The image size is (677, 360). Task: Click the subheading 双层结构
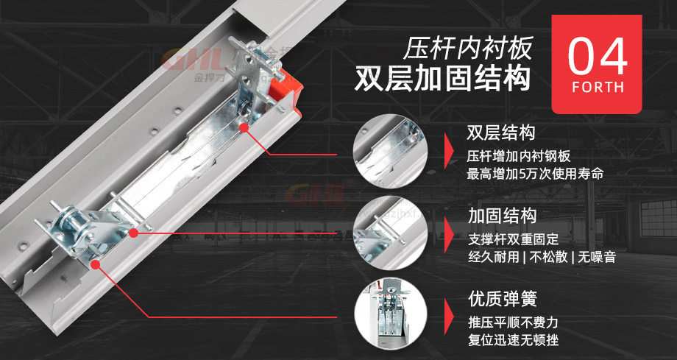(501, 133)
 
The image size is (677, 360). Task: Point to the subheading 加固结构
(501, 216)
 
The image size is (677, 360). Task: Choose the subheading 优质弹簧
(501, 299)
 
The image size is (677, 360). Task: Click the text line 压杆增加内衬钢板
(519, 156)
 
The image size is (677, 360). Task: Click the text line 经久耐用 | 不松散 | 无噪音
(542, 258)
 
